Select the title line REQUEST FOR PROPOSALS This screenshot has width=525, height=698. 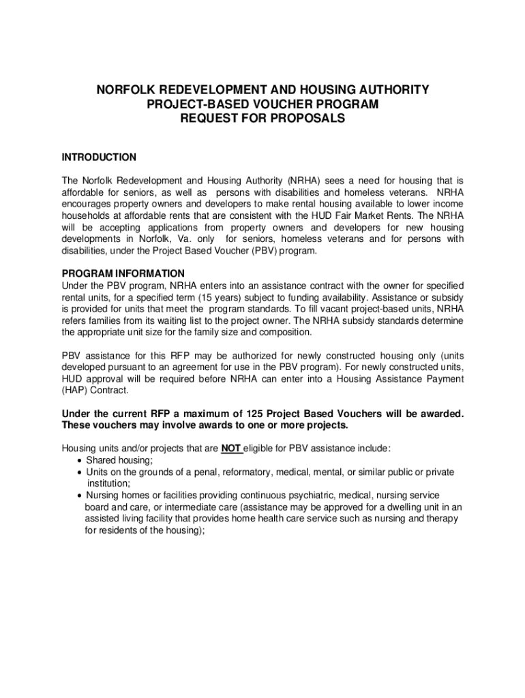click(262, 117)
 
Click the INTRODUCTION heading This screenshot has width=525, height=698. click(99, 157)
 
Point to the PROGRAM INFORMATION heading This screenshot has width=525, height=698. click(123, 273)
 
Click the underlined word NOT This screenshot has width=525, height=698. click(230, 449)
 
